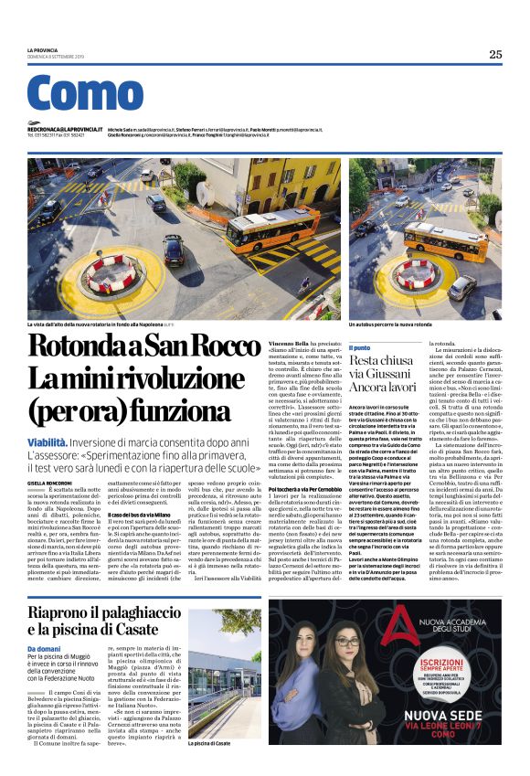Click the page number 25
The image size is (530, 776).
pos(494,54)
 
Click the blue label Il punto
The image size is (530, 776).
pos(361,348)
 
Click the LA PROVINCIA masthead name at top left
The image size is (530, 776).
pos(42,48)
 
